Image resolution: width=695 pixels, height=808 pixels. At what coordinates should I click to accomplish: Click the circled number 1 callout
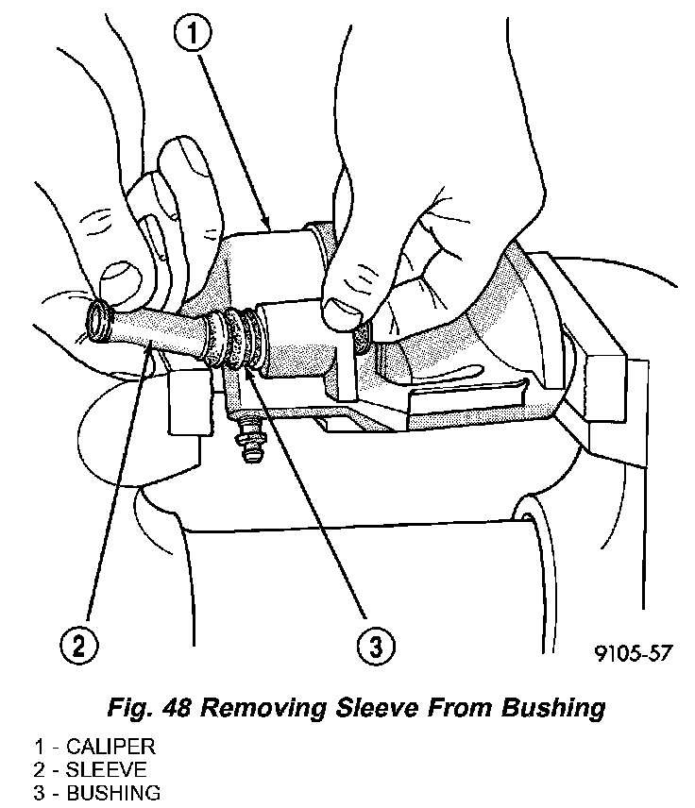tap(192, 33)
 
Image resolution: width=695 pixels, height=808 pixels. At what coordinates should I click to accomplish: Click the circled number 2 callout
tap(78, 644)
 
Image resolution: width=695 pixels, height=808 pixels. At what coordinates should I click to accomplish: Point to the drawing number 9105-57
tap(634, 653)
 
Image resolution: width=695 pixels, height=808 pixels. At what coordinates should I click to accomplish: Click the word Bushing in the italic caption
tap(552, 709)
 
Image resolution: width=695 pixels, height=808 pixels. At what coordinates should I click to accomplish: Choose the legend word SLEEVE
tap(106, 770)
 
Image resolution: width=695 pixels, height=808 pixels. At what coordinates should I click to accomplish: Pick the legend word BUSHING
tap(113, 793)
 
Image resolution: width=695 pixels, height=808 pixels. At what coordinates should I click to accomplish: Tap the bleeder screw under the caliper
tap(249, 436)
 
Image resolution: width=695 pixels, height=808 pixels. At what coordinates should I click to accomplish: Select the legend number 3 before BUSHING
tap(39, 793)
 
